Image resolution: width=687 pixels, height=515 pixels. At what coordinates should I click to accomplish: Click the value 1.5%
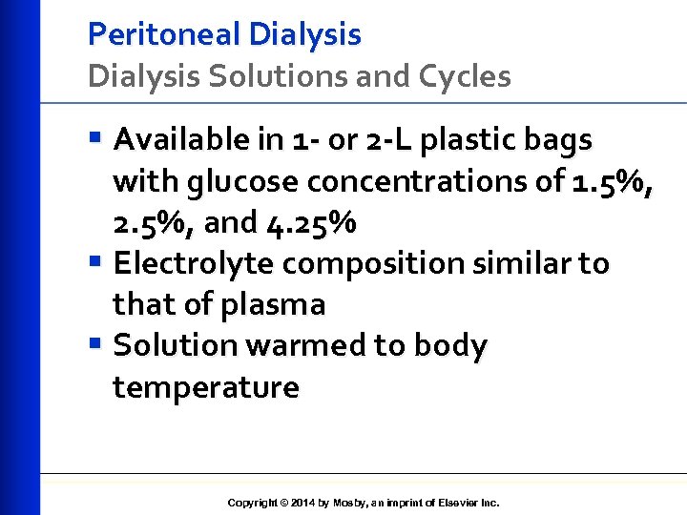(x=613, y=181)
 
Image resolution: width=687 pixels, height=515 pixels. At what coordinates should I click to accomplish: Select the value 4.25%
(x=310, y=222)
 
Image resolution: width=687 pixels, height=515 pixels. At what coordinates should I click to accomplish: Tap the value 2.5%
(x=154, y=222)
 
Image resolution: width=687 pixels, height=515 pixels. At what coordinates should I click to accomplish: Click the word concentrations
(x=411, y=181)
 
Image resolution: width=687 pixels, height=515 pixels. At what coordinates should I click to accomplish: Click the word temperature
(x=205, y=388)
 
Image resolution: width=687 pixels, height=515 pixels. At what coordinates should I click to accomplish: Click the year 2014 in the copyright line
(x=302, y=503)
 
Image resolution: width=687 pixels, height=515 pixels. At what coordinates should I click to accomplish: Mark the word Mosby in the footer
(x=349, y=503)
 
